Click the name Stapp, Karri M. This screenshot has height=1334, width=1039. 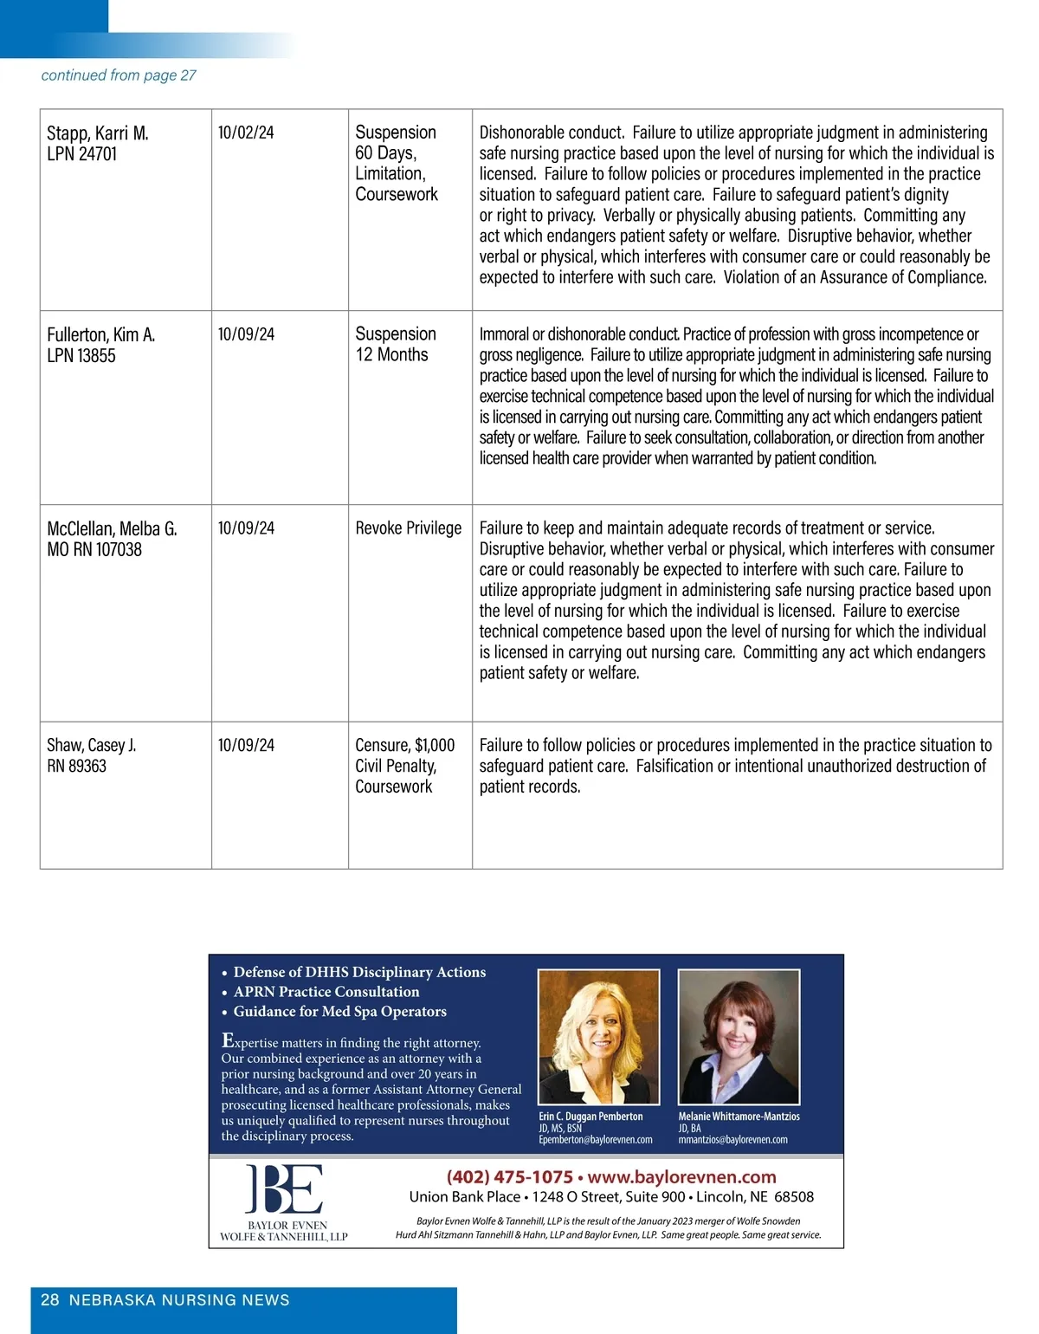[98, 133]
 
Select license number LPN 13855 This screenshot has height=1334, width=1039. [81, 356]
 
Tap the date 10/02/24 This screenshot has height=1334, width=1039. [246, 133]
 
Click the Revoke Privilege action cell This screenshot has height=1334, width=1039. [409, 528]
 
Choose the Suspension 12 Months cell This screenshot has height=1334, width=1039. [395, 344]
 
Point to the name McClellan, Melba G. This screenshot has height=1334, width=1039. [112, 529]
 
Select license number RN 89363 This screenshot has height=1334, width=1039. [77, 766]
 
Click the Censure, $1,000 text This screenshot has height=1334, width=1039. [404, 745]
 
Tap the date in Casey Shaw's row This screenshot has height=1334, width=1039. [246, 745]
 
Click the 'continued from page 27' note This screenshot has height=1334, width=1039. [119, 75]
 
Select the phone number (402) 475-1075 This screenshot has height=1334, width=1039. [510, 1177]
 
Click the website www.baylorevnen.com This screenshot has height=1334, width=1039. [681, 1177]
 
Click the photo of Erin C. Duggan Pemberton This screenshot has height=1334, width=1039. [598, 1036]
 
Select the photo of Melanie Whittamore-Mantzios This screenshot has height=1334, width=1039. [738, 1036]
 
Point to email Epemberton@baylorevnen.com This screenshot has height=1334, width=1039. [596, 1140]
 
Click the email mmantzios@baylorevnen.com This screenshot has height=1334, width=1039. [732, 1140]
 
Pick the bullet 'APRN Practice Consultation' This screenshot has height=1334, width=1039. [326, 992]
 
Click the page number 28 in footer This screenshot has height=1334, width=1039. [50, 1300]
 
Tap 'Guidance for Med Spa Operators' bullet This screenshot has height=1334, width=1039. [339, 1012]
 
